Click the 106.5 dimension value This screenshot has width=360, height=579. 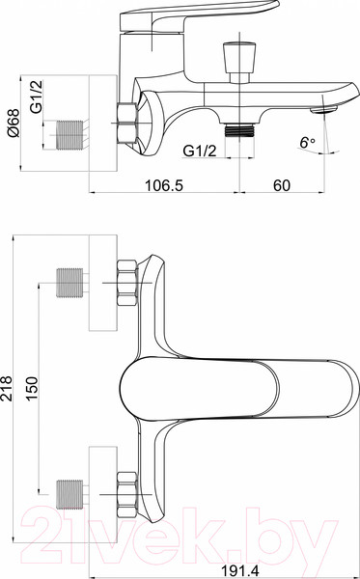(x=163, y=185)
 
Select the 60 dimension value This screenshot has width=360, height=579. (x=282, y=185)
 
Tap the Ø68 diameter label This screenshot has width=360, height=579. (x=14, y=124)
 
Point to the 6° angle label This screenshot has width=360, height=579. (x=307, y=143)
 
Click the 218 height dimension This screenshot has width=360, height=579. (x=7, y=388)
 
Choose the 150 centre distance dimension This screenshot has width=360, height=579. (x=32, y=388)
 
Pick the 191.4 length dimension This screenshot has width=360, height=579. (x=240, y=571)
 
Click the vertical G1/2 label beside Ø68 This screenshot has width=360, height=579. (x=36, y=96)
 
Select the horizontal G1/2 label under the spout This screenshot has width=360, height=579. (x=200, y=151)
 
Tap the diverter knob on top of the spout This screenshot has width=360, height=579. (x=239, y=62)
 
